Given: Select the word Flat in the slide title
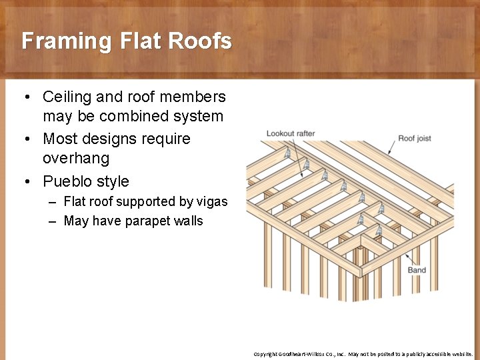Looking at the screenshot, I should (x=141, y=41).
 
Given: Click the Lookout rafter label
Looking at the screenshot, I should (x=290, y=133).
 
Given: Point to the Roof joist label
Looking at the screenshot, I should (x=415, y=139).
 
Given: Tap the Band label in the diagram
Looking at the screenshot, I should (x=417, y=270).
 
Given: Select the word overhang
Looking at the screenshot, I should (x=76, y=159).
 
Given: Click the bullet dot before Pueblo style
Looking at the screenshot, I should (x=25, y=181).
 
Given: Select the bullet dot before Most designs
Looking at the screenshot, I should (x=25, y=139).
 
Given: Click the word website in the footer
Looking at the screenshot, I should (x=460, y=354).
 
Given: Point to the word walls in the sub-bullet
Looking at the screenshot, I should (x=189, y=221).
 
